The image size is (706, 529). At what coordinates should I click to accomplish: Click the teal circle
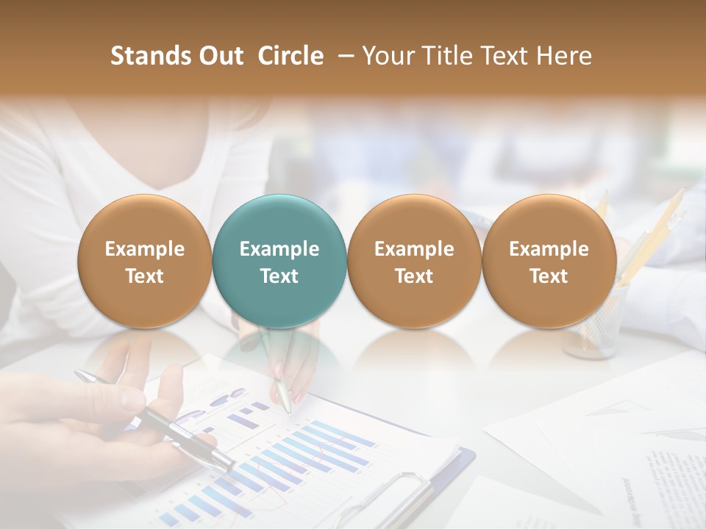click(279, 262)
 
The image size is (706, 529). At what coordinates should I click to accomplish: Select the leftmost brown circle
click(145, 262)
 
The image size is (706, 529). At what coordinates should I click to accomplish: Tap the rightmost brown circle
click(549, 262)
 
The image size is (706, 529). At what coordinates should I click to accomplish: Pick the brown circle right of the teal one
click(414, 262)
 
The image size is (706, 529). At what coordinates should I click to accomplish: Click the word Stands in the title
click(149, 56)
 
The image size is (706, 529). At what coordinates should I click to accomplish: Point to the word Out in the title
click(220, 56)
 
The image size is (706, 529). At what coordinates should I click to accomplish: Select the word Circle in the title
click(290, 56)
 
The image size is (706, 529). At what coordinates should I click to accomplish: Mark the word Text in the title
click(502, 56)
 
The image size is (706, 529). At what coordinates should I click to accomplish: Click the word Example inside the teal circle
click(279, 249)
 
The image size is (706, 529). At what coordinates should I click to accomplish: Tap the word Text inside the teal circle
click(279, 276)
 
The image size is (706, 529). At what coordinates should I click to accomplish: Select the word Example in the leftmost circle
click(145, 249)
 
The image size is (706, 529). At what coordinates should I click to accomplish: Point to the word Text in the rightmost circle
click(549, 276)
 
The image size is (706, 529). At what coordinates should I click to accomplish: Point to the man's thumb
click(132, 400)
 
